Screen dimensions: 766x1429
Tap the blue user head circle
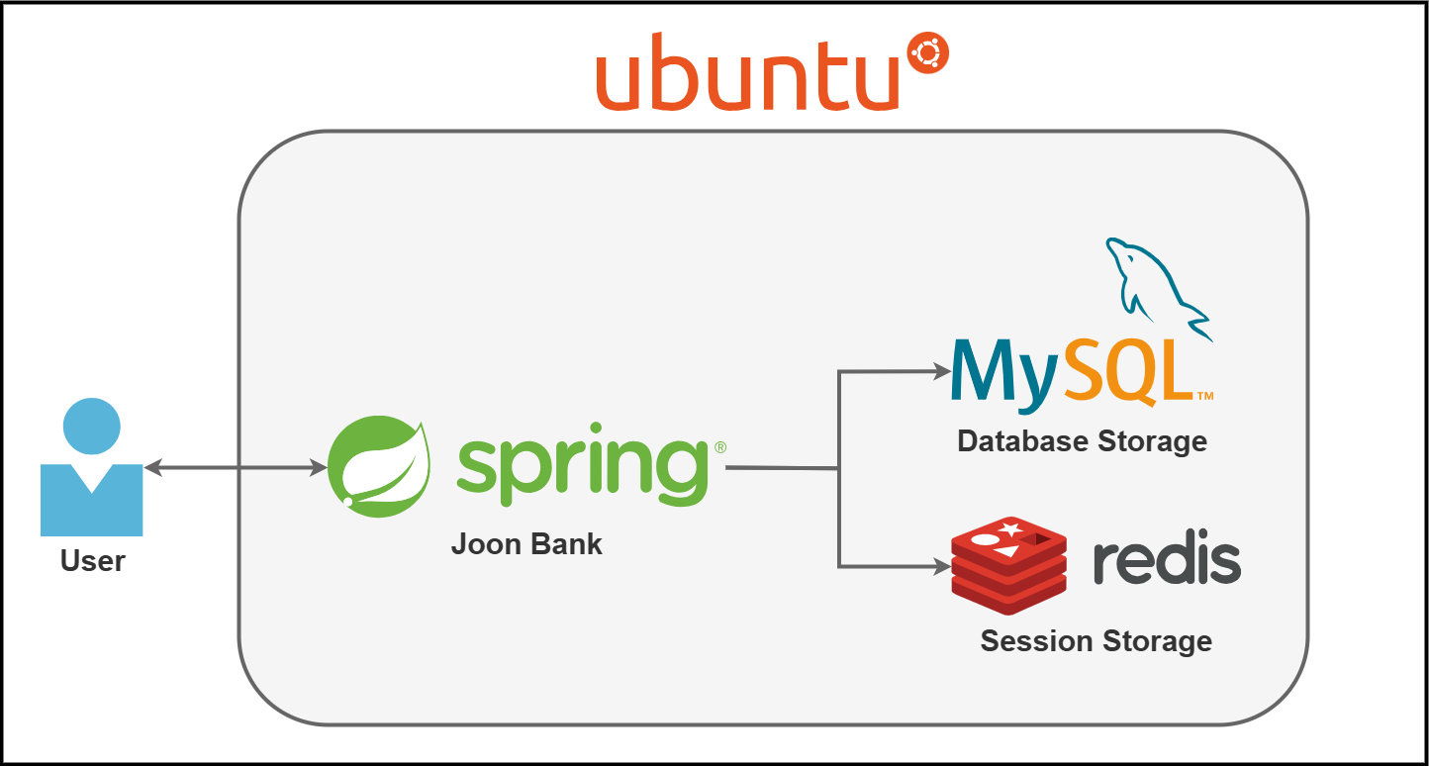91,427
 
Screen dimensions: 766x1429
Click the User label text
93,561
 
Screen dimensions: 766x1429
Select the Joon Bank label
526,544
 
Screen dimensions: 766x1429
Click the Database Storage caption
1082,441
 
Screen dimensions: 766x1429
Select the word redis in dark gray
1167,562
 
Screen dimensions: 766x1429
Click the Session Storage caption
1096,641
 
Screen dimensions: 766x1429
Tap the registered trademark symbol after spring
719,447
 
